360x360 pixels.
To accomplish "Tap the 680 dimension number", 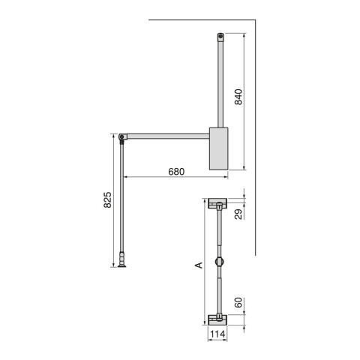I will pyautogui.click(x=175, y=171).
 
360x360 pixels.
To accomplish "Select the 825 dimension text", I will pyautogui.click(x=107, y=200).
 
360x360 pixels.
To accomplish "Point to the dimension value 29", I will pyautogui.click(x=237, y=215).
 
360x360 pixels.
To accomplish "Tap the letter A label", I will pyautogui.click(x=198, y=265).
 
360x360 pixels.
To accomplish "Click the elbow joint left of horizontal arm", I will pyautogui.click(x=122, y=136).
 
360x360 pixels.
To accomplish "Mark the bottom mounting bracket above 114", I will pyautogui.click(x=217, y=317).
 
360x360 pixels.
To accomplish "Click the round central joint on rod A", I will pyautogui.click(x=217, y=262).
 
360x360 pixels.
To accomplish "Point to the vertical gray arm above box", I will pyautogui.click(x=219, y=82).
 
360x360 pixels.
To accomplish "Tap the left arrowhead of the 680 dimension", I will pyautogui.click(x=126, y=177).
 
